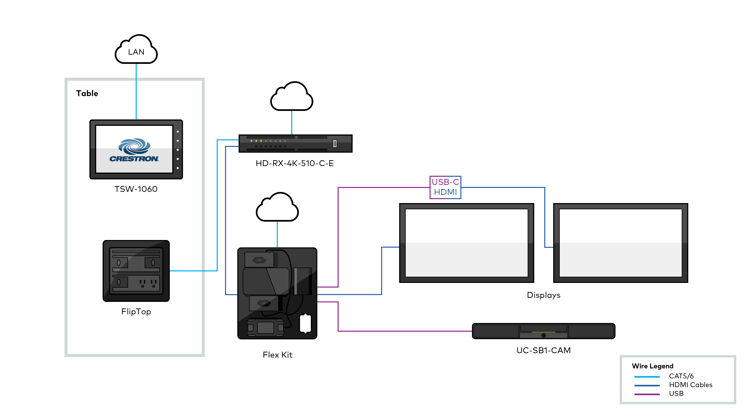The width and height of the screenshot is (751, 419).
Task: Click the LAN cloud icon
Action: coord(136,50)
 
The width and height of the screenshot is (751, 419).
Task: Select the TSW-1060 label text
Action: coord(136,189)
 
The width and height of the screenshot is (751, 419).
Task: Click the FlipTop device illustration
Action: coord(136,271)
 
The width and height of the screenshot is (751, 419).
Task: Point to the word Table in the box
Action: coord(87,93)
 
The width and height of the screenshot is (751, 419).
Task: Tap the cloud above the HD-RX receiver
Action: coord(291,98)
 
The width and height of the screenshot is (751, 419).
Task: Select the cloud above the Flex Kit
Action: coord(277,208)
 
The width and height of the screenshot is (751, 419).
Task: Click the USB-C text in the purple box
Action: coord(445,182)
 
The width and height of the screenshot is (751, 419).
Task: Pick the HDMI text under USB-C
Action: coord(445,192)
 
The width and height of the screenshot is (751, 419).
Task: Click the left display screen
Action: coord(467,243)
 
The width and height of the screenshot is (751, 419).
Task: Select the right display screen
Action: coord(620,243)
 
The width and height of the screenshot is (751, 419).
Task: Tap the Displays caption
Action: coord(543,295)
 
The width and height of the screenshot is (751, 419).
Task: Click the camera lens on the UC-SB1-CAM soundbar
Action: coord(543,335)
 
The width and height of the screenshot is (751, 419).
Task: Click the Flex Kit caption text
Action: coord(277,355)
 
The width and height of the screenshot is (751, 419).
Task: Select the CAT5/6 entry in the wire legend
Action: coord(681,376)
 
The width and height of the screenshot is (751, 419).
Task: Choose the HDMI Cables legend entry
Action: coord(690,385)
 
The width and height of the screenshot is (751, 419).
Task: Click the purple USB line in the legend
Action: coord(647,394)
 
